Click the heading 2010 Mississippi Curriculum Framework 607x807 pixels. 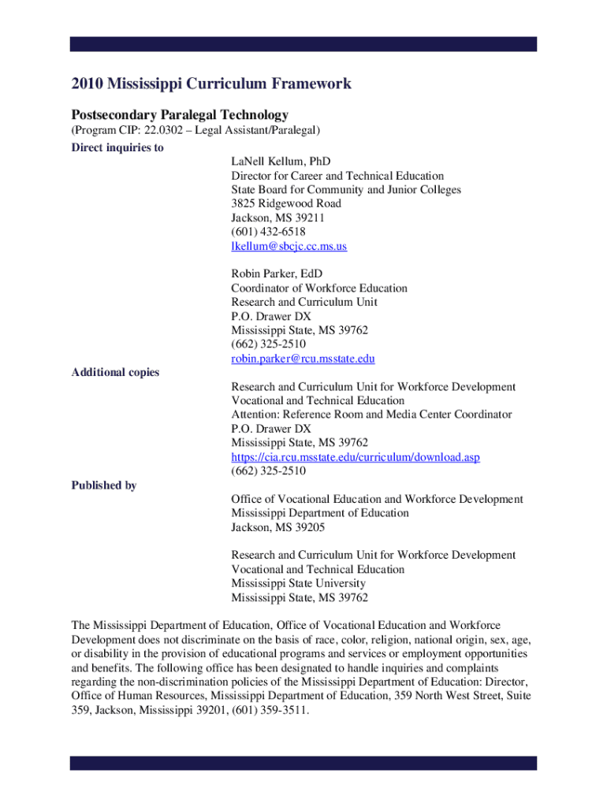tap(211, 84)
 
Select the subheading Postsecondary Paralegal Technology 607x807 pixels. tap(180, 114)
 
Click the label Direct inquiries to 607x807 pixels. tap(117, 147)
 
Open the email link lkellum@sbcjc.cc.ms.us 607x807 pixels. tap(289, 246)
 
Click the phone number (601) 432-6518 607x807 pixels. tap(268, 232)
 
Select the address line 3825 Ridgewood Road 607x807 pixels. tap(286, 203)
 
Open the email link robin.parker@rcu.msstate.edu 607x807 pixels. tap(303, 359)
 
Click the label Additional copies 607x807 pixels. tap(115, 372)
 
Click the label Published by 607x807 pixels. tap(104, 485)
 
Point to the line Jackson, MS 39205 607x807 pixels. tap(277, 527)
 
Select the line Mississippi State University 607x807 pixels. tap(298, 583)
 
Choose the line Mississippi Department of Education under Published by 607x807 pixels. tap(320, 513)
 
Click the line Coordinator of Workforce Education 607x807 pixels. tap(319, 288)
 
